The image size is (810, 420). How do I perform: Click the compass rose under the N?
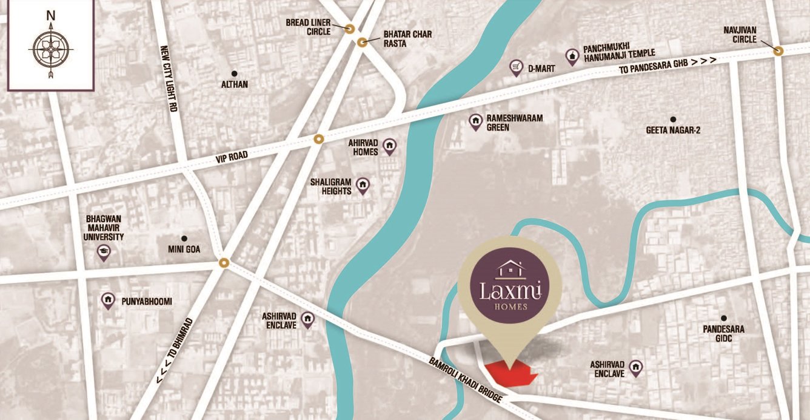click(51, 49)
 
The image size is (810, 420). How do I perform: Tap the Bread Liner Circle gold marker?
click(350, 28)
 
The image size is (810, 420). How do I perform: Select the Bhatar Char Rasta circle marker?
click(362, 42)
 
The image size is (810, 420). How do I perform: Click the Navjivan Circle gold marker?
click(780, 52)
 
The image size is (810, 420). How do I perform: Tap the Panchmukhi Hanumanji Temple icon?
click(571, 56)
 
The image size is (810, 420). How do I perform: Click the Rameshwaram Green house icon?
click(476, 122)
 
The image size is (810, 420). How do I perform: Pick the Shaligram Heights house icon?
click(363, 185)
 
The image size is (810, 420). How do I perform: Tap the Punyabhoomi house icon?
click(109, 300)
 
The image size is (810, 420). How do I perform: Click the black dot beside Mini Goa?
click(184, 239)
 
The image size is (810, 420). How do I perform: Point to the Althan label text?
click(235, 84)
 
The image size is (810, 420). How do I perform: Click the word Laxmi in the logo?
click(509, 291)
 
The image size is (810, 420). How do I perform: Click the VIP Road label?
click(232, 157)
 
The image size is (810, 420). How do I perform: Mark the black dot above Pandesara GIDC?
click(723, 318)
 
